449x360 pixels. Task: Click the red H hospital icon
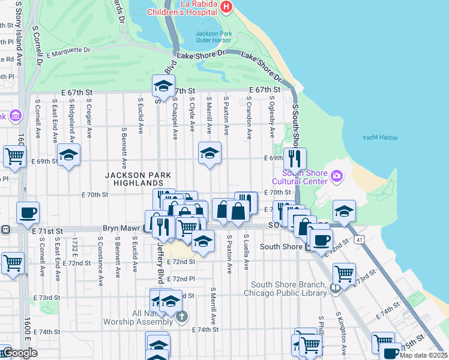click(x=226, y=7)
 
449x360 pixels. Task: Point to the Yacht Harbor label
click(x=380, y=137)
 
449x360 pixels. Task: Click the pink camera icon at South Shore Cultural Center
click(x=336, y=175)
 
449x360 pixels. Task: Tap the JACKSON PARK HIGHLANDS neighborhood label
click(x=138, y=179)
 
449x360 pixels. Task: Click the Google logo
click(x=19, y=353)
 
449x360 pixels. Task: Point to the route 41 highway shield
click(x=358, y=240)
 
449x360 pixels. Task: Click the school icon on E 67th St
click(x=163, y=86)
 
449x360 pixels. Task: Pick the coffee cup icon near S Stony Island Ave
click(x=28, y=212)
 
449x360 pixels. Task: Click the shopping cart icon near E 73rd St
click(x=344, y=273)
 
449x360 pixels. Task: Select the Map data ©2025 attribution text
click(x=423, y=355)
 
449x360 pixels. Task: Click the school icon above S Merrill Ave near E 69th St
click(x=209, y=153)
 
